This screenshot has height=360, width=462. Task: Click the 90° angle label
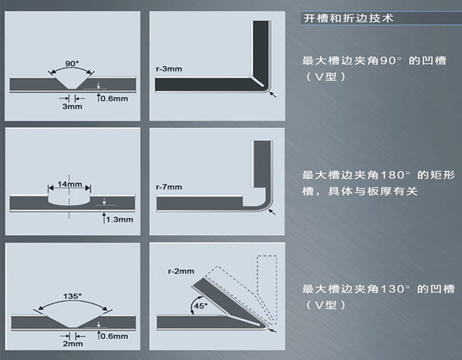tap(72, 63)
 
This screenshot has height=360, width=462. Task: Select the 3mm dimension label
tap(72, 106)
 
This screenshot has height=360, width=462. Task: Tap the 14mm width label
tap(69, 184)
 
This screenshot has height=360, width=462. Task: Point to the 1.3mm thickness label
tap(119, 220)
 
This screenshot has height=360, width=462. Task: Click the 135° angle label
tap(73, 296)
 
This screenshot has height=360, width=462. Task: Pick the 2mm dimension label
tap(73, 344)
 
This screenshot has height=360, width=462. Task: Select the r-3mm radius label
tap(169, 69)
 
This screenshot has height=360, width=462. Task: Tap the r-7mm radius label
tap(169, 187)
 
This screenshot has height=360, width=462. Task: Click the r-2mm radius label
tap(181, 271)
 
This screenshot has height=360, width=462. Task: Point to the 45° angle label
tap(201, 306)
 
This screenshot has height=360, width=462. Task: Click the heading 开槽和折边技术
tap(348, 18)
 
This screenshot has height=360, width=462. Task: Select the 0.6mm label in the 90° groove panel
tap(114, 99)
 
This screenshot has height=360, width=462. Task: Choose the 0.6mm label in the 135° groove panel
tap(114, 336)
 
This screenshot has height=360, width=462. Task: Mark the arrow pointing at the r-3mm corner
tap(273, 94)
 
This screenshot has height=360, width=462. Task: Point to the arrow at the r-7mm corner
tap(272, 212)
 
